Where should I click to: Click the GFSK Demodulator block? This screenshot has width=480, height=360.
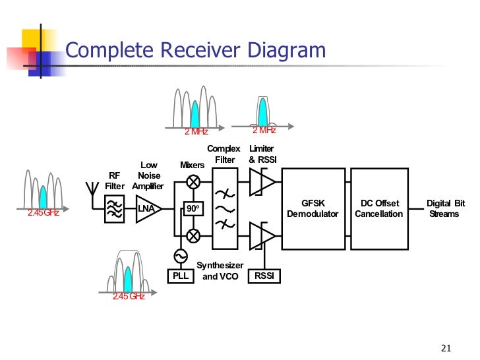click(x=313, y=209)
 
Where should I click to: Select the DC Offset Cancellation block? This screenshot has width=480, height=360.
click(x=378, y=209)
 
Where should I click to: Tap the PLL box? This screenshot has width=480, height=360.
click(x=180, y=276)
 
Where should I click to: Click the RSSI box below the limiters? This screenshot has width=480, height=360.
click(x=264, y=276)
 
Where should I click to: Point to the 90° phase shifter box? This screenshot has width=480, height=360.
click(x=193, y=209)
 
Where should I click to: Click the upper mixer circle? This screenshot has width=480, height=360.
click(x=193, y=183)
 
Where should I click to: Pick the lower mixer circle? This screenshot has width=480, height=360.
click(x=193, y=235)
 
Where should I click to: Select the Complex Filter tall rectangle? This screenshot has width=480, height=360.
click(x=226, y=208)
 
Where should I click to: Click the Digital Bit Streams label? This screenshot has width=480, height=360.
click(x=445, y=209)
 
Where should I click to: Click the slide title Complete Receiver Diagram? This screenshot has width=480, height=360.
click(x=196, y=51)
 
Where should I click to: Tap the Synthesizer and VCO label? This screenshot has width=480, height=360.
click(x=220, y=271)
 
